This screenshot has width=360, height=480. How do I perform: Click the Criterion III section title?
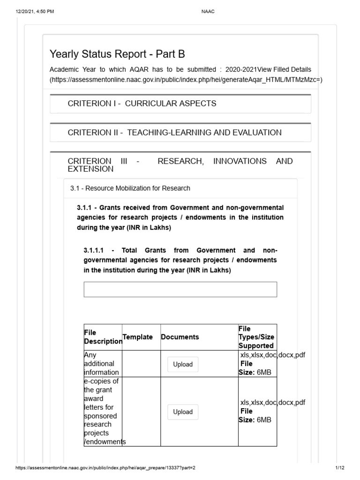(180, 165)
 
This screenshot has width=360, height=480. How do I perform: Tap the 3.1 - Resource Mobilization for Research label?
(130, 188)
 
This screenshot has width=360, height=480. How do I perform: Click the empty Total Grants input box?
(180, 289)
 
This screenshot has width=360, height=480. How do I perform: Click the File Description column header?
(103, 337)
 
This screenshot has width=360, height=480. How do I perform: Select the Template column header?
(137, 337)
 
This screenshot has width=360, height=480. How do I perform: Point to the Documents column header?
(180, 337)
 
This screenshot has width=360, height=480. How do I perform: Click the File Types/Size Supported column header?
(256, 337)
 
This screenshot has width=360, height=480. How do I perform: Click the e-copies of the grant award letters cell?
(102, 412)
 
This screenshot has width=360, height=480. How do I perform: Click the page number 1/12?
(340, 468)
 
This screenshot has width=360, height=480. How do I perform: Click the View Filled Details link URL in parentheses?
(186, 79)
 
